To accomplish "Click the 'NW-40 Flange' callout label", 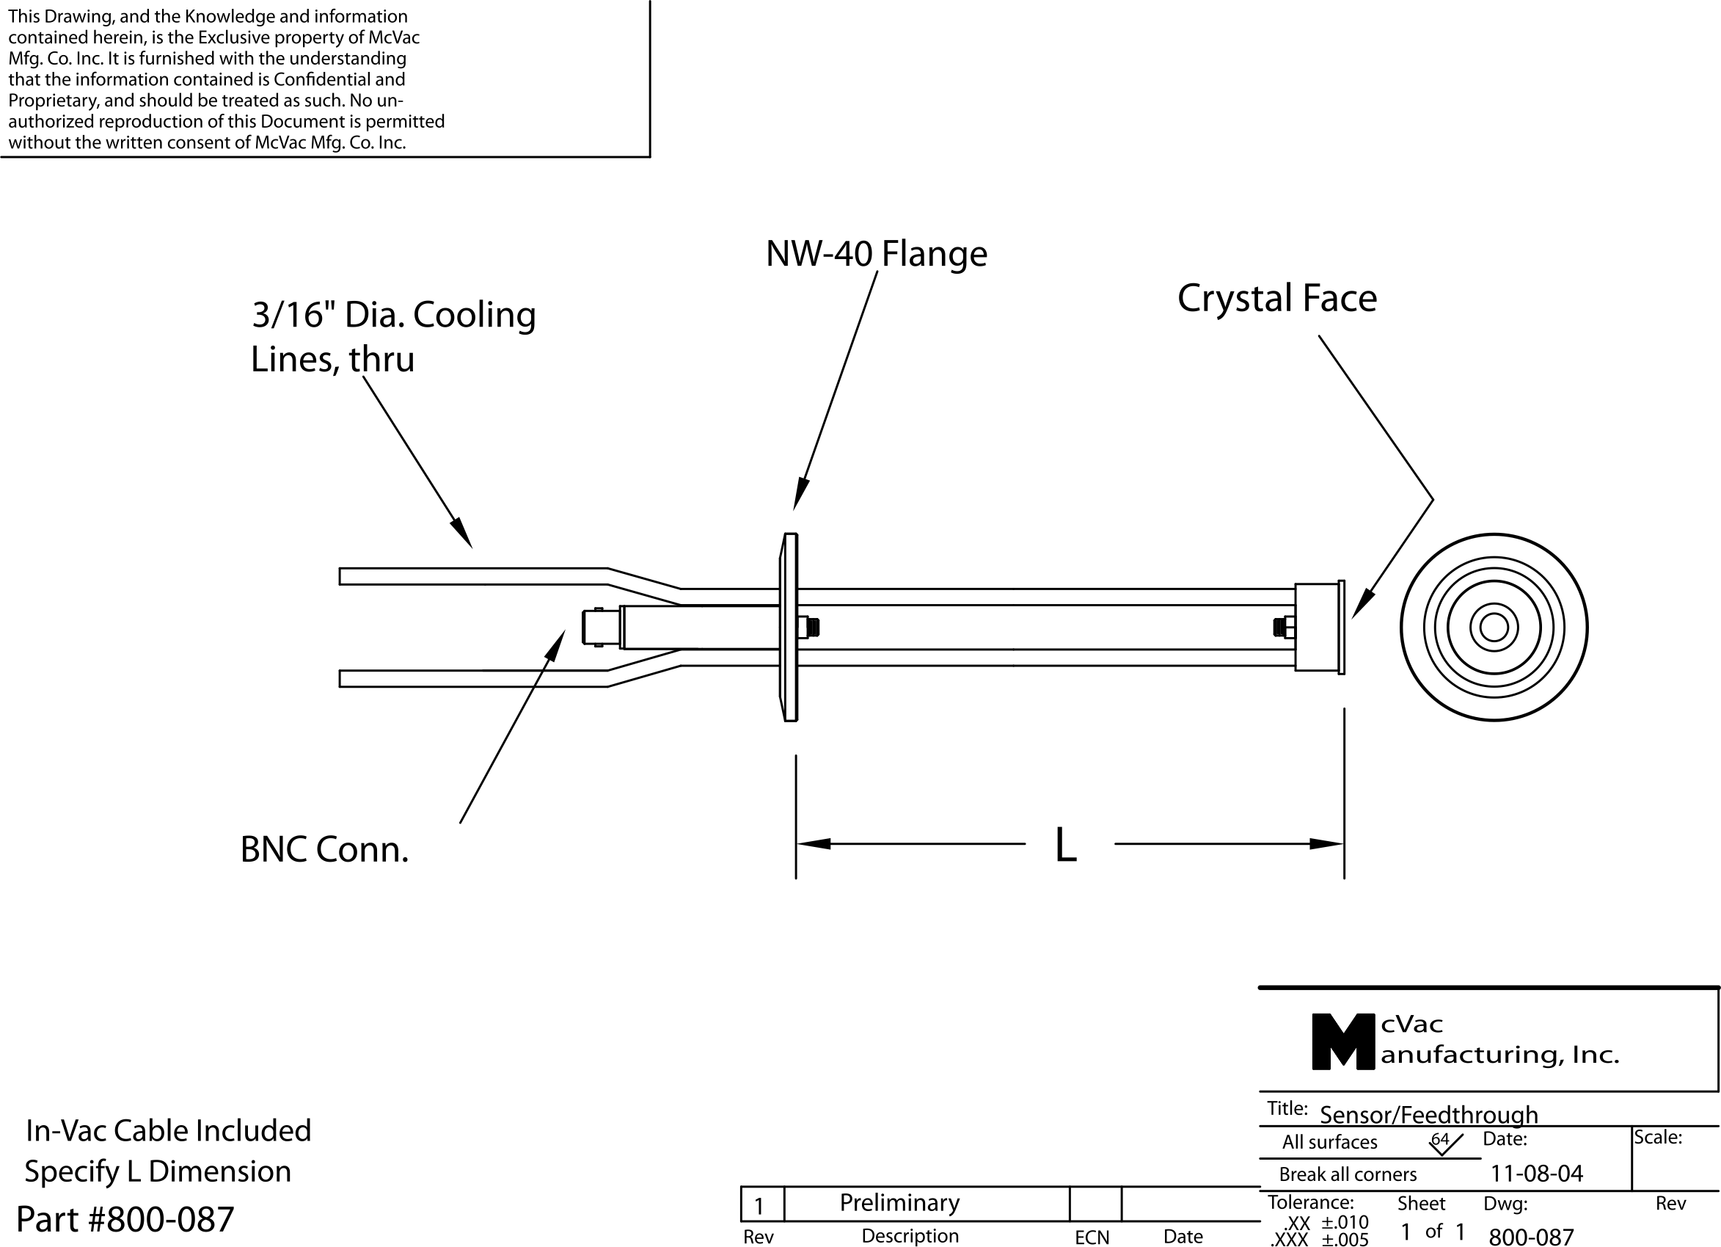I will pyautogui.click(x=876, y=253).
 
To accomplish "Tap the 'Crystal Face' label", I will pyautogui.click(x=1276, y=298).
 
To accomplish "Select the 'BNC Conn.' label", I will pyautogui.click(x=324, y=850).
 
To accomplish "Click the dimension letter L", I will pyautogui.click(x=1065, y=846).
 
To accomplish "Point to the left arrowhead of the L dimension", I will pyautogui.click(x=813, y=844).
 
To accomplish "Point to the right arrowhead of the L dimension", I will pyautogui.click(x=1327, y=844).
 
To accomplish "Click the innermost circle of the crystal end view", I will pyautogui.click(x=1494, y=628).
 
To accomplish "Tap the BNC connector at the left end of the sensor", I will pyautogui.click(x=600, y=628).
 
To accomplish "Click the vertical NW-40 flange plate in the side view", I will pyautogui.click(x=789, y=627).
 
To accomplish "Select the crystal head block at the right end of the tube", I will pyautogui.click(x=1317, y=627).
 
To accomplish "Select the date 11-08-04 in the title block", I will pyautogui.click(x=1537, y=1174).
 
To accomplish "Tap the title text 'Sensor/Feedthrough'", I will pyautogui.click(x=1428, y=1114).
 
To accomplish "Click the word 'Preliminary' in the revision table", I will pyautogui.click(x=899, y=1203).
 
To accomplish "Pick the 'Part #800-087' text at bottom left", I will pyautogui.click(x=125, y=1220).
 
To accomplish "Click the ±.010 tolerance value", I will pyautogui.click(x=1345, y=1222).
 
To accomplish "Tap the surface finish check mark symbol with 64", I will pyautogui.click(x=1444, y=1143).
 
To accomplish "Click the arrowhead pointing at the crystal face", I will pyautogui.click(x=1362, y=607).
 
